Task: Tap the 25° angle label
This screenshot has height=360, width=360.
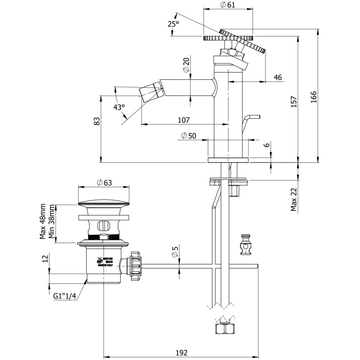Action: coord(173,24)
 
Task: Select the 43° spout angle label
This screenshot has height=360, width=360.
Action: coord(119,107)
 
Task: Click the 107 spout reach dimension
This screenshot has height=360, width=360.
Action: coord(184,120)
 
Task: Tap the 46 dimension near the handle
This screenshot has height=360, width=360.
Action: coord(278,77)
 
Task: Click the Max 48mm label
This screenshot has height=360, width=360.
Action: coord(43,222)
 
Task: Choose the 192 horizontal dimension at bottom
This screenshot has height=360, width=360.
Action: coord(181,352)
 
